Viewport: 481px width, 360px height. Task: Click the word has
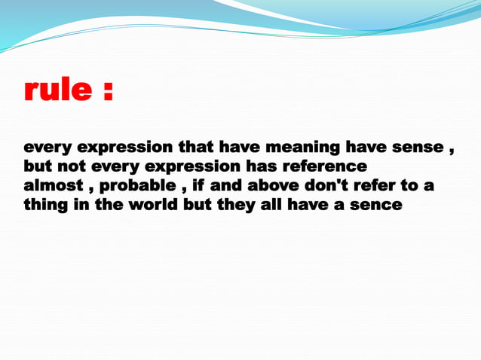[261, 166]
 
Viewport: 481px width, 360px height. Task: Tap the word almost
[53, 185]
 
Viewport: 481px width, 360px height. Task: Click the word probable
[136, 185]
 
